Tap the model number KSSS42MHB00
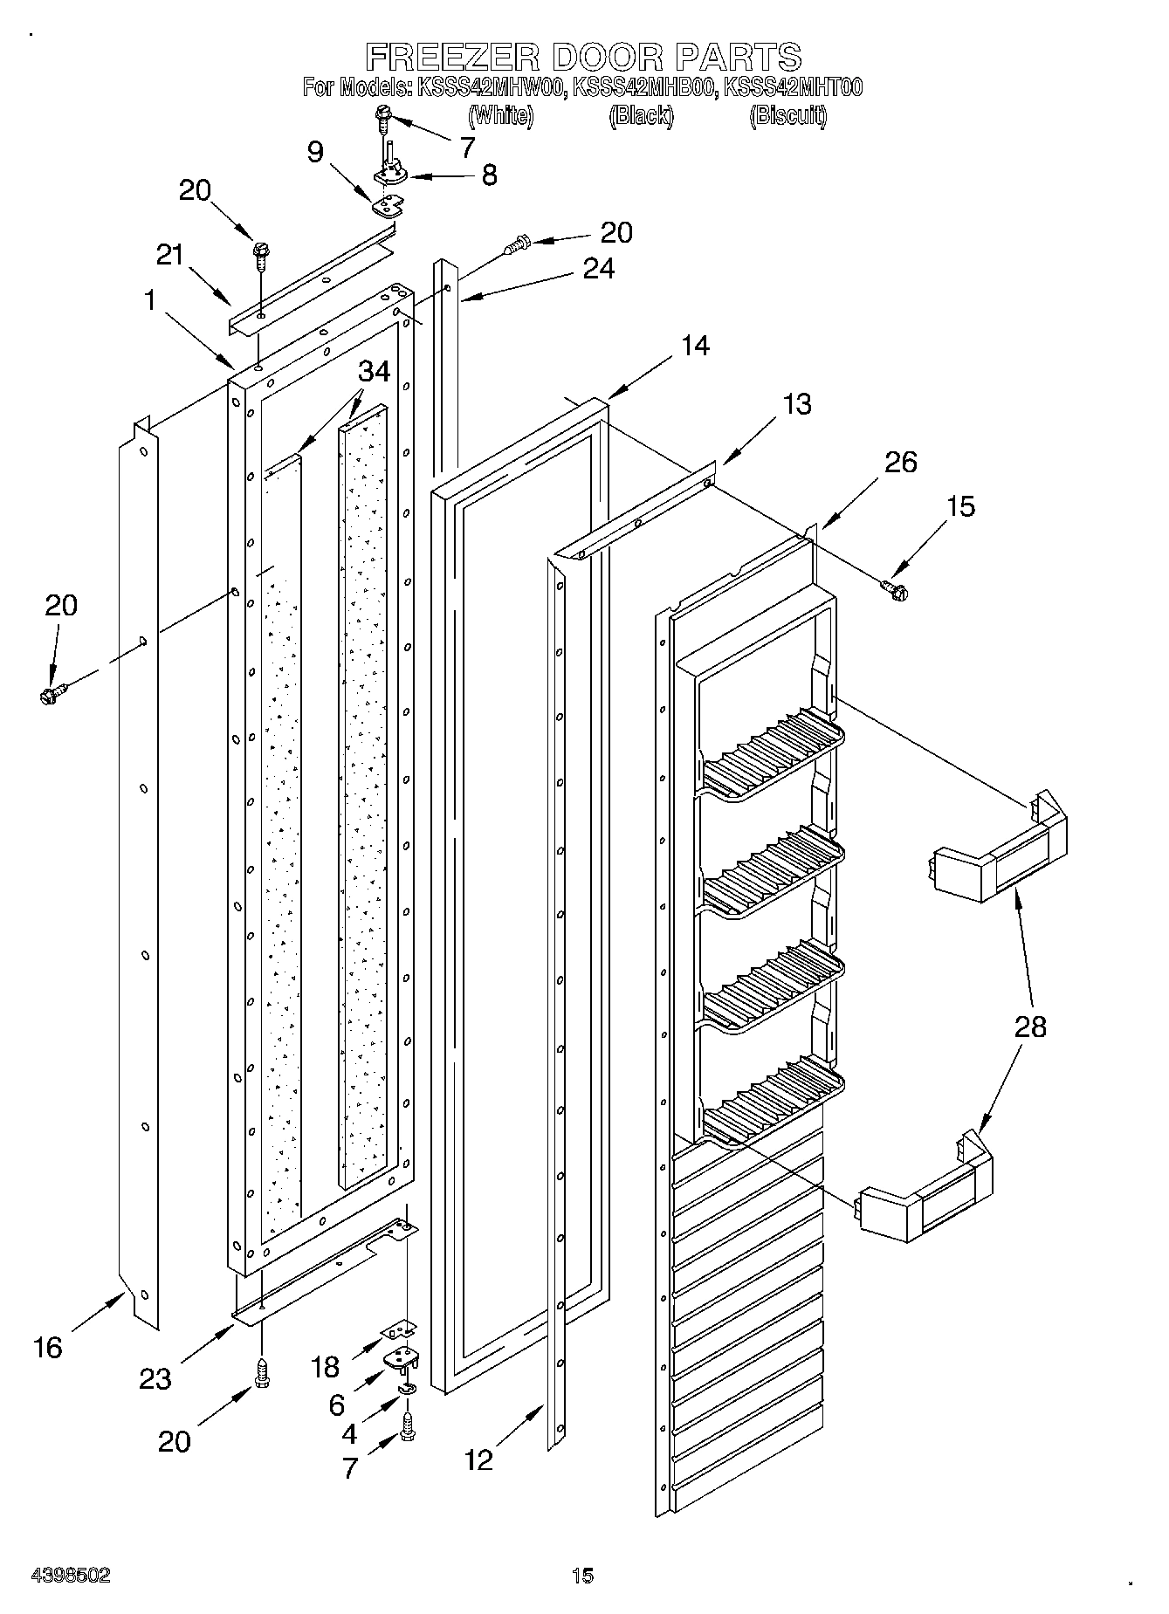[641, 87]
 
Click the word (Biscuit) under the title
[787, 115]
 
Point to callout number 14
[695, 347]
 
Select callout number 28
[1030, 1027]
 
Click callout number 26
[900, 462]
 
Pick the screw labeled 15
[894, 591]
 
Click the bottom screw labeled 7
[409, 1428]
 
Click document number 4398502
[71, 1576]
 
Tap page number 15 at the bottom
[582, 1576]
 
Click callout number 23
[155, 1378]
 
